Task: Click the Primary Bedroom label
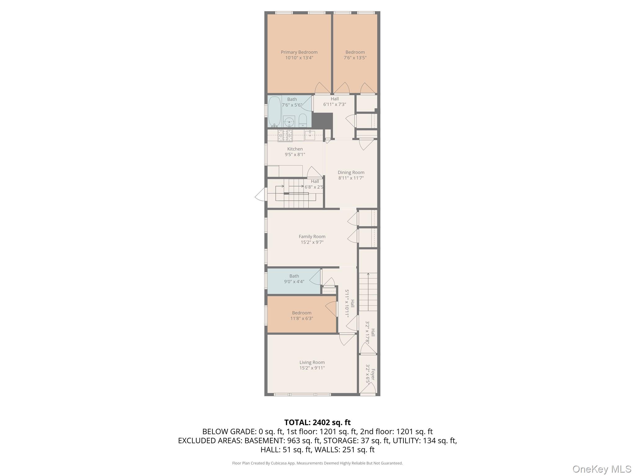299,52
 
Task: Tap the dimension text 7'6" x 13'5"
355,58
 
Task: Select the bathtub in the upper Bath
274,112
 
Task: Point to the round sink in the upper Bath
289,122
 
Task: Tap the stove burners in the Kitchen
285,135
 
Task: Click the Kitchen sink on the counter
310,135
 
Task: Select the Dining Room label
351,172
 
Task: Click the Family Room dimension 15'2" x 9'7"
312,242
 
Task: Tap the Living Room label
312,362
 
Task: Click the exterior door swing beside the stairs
261,195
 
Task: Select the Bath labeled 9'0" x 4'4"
294,279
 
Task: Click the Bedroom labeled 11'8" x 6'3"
301,315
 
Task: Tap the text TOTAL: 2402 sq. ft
317,422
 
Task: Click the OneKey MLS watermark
602,469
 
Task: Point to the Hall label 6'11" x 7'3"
335,102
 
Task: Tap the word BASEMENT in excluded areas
264,440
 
